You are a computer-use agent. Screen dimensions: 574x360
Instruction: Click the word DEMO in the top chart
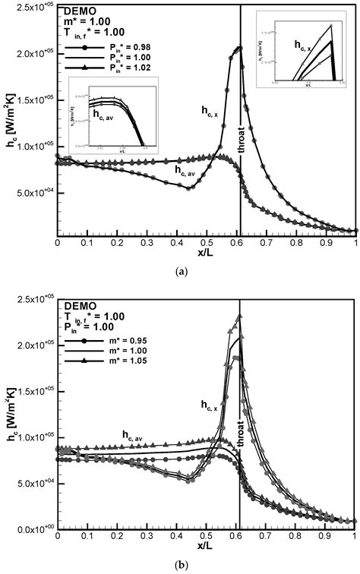pyautogui.click(x=78, y=11)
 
